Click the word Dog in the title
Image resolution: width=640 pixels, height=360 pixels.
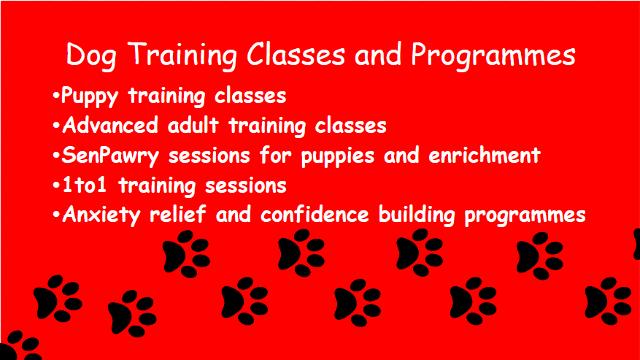[x=91, y=55]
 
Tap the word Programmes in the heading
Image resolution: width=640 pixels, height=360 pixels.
[x=493, y=55]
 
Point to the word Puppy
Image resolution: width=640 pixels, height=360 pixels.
[x=90, y=97]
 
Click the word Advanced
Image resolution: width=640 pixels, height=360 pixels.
[x=109, y=125]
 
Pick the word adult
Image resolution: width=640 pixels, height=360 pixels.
[x=193, y=125]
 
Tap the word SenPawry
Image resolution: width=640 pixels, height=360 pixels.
[x=110, y=156]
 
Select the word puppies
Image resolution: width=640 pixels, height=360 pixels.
[x=338, y=156]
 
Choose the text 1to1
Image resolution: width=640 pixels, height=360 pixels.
[x=85, y=185]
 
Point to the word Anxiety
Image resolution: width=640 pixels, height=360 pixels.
[x=101, y=215]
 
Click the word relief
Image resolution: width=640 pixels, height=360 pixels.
[x=177, y=214]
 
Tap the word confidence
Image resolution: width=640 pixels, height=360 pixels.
[x=315, y=214]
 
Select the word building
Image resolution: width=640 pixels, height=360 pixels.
[x=416, y=215]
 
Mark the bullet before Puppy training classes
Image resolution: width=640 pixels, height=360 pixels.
[x=56, y=96]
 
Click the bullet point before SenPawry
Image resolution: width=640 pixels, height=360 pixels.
[x=56, y=156]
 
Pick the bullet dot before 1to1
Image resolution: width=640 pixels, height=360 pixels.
[x=56, y=185]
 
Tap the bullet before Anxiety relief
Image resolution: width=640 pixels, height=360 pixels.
[x=56, y=214]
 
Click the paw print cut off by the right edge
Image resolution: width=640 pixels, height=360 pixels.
[x=637, y=245]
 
